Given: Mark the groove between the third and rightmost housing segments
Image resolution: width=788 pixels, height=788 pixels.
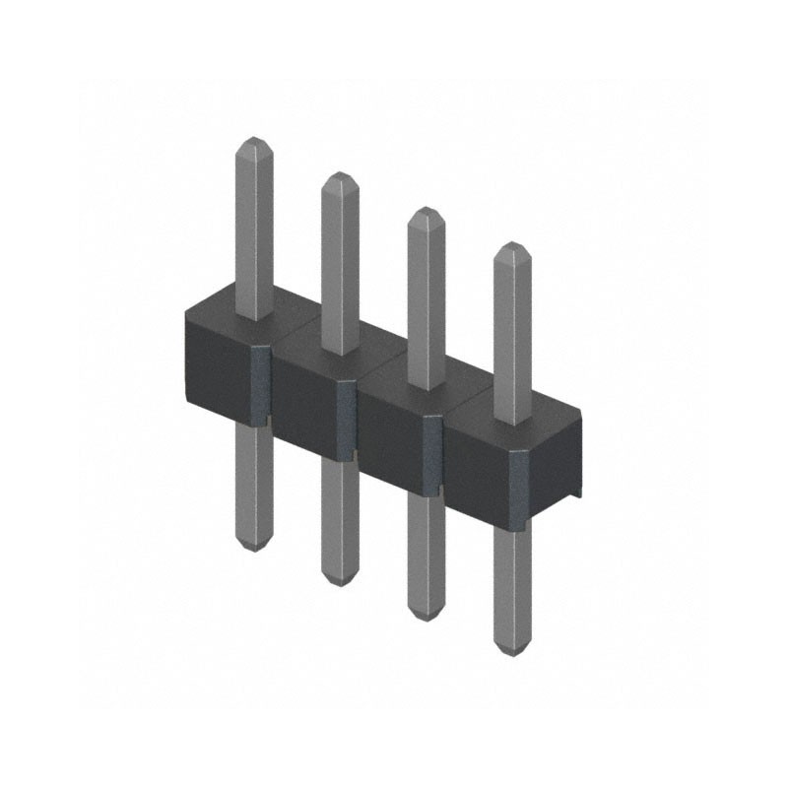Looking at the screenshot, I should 433,456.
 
